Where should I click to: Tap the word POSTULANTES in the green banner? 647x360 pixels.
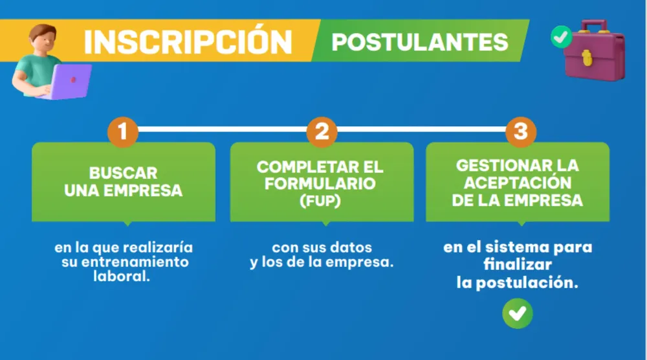pyautogui.click(x=420, y=41)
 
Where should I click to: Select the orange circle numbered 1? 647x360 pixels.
pyautogui.click(x=122, y=132)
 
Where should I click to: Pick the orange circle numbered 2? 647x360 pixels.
pyautogui.click(x=322, y=132)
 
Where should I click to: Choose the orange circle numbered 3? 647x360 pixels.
pyautogui.click(x=521, y=132)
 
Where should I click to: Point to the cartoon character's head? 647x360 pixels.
pyautogui.click(x=43, y=38)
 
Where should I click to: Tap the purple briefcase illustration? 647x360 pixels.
pyautogui.click(x=594, y=51)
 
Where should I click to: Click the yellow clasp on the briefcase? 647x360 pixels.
pyautogui.click(x=587, y=58)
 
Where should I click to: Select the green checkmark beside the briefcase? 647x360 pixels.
pyautogui.click(x=561, y=37)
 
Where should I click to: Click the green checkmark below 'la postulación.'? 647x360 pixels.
pyautogui.click(x=518, y=313)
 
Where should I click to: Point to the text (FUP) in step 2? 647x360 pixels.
pyautogui.click(x=320, y=201)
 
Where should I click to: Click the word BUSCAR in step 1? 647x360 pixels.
pyautogui.click(x=123, y=173)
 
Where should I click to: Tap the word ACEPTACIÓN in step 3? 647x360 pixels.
pyautogui.click(x=518, y=183)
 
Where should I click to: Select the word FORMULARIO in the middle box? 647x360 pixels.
pyautogui.click(x=320, y=184)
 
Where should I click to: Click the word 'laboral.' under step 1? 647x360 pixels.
pyautogui.click(x=122, y=276)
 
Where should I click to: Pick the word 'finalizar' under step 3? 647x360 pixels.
pyautogui.click(x=518, y=264)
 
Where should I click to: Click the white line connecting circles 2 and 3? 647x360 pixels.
pyautogui.click(x=421, y=129)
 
